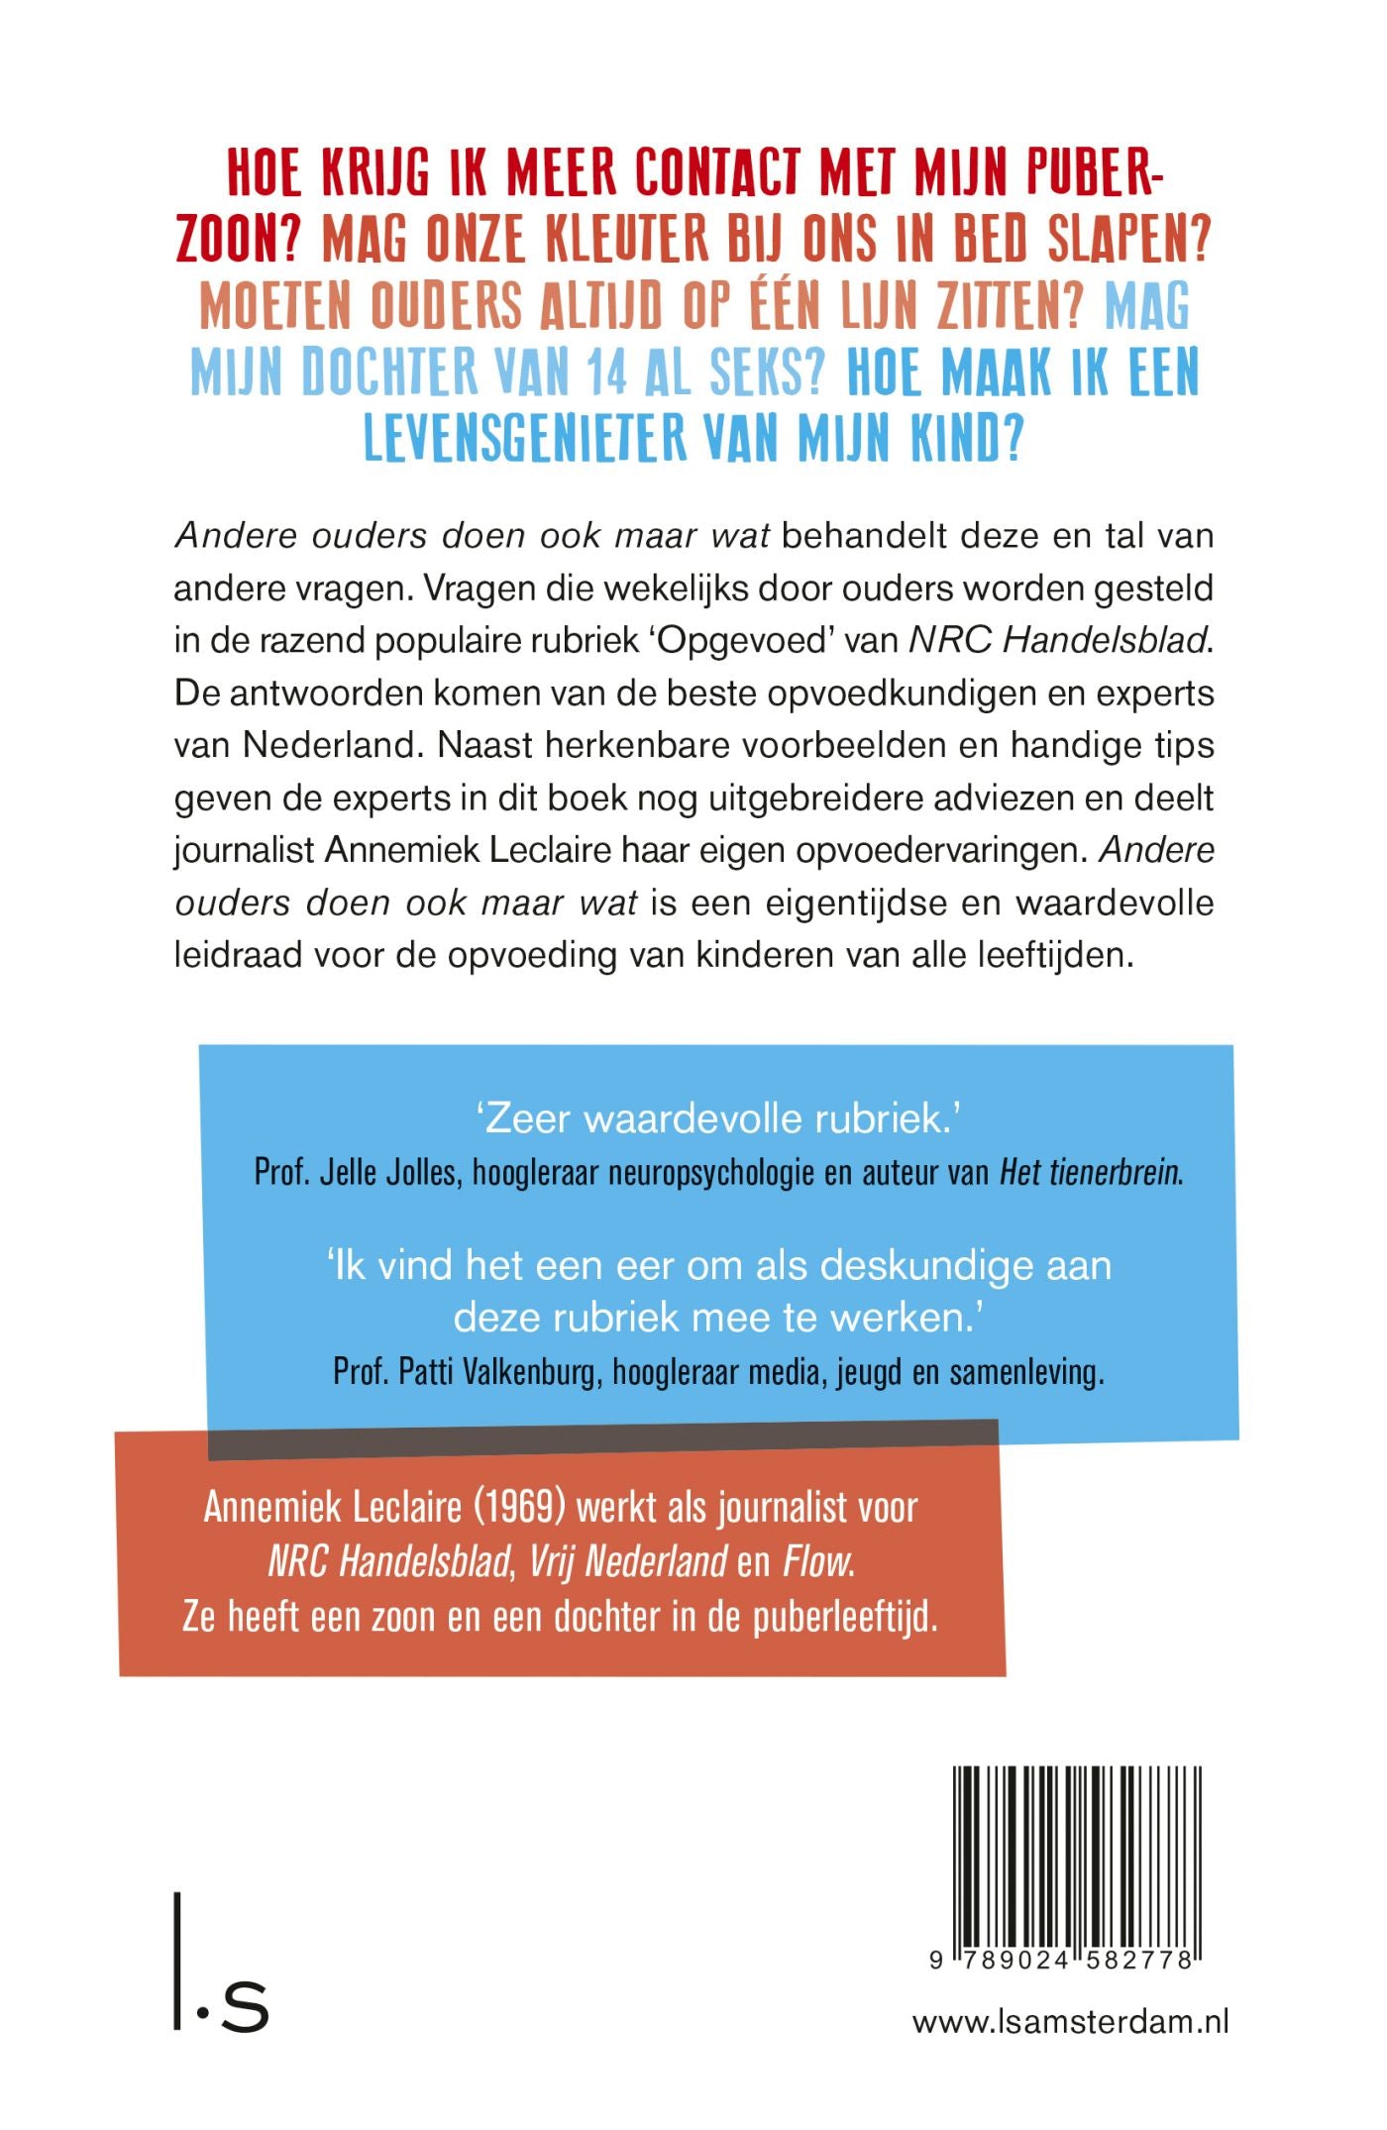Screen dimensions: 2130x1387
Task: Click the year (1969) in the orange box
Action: tap(519, 1507)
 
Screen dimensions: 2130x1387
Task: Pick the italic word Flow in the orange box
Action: tap(818, 1562)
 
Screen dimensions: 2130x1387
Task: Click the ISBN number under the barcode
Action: tap(1065, 1961)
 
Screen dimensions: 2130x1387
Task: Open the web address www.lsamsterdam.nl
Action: tap(1070, 2021)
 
